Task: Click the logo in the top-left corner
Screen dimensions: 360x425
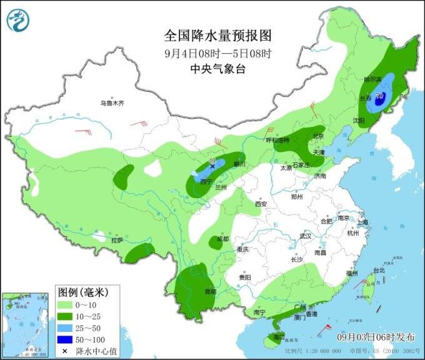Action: coord(19,22)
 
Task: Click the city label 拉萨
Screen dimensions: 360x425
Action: coord(116,240)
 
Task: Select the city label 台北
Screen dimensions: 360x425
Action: coord(379,271)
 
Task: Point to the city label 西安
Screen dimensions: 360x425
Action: coord(261,204)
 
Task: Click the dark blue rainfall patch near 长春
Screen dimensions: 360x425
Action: coord(380,98)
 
